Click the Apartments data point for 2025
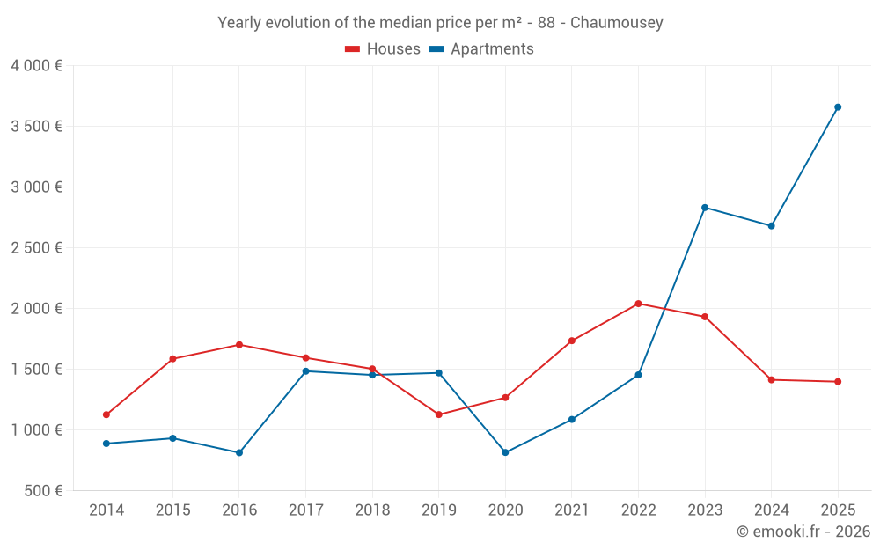point(838,107)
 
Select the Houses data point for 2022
point(638,304)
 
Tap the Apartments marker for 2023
point(705,208)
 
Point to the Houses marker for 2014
point(106,414)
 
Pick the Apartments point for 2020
point(505,452)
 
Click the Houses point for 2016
point(239,345)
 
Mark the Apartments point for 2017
point(305,371)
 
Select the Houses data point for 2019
point(439,414)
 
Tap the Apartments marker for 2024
point(771,226)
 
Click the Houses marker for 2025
point(838,382)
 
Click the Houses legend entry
point(383,49)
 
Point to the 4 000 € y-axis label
point(36,66)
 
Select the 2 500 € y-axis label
point(36,248)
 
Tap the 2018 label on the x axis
point(372,510)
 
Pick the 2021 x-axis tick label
point(572,510)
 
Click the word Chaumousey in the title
point(616,23)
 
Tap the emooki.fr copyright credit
point(803,532)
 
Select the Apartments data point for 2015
point(172,438)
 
